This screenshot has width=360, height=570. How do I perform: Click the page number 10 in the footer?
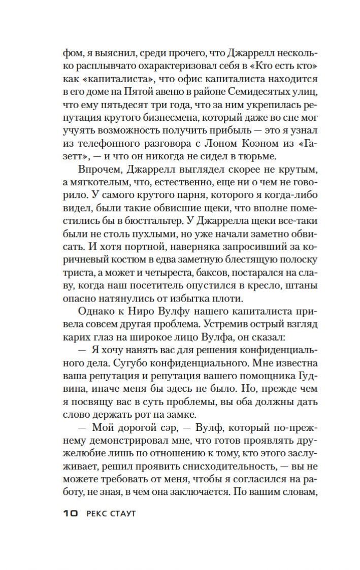click(x=70, y=514)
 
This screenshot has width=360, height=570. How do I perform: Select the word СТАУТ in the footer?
click(x=124, y=514)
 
